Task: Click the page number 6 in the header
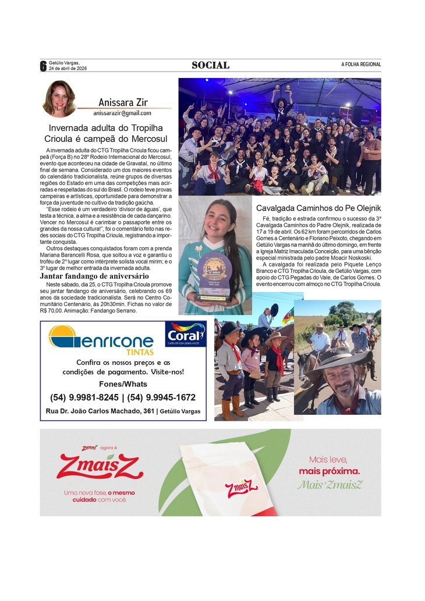[42, 66]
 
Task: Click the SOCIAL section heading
[211, 65]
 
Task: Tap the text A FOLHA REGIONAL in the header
[361, 65]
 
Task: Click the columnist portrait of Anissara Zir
[59, 98]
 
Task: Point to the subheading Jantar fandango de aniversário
[94, 291]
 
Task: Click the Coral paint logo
[185, 334]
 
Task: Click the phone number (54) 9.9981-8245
[84, 397]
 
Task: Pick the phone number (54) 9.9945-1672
[161, 397]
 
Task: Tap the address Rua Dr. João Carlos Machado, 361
[99, 411]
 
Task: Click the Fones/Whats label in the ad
[123, 384]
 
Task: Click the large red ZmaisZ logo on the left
[100, 467]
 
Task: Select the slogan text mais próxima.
[330, 471]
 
